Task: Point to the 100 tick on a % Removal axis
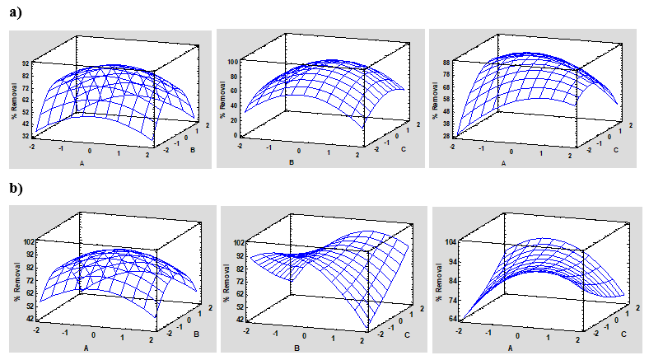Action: (234, 63)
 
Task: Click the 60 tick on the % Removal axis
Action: (235, 92)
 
